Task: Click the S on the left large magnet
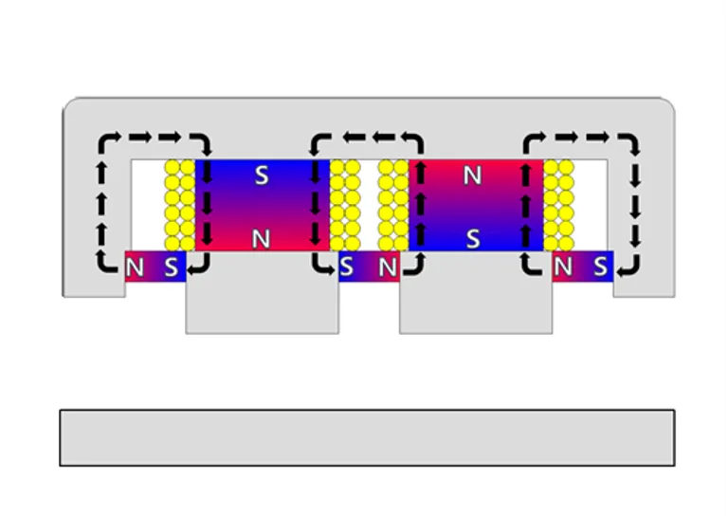[x=262, y=175]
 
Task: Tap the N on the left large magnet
[x=262, y=239]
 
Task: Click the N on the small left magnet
[x=135, y=267]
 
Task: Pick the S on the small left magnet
[x=170, y=267]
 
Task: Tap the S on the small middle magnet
[x=348, y=267]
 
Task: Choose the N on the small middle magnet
[x=387, y=267]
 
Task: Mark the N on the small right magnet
[x=565, y=267]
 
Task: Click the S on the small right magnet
[x=600, y=267]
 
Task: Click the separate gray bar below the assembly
[x=367, y=437]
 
